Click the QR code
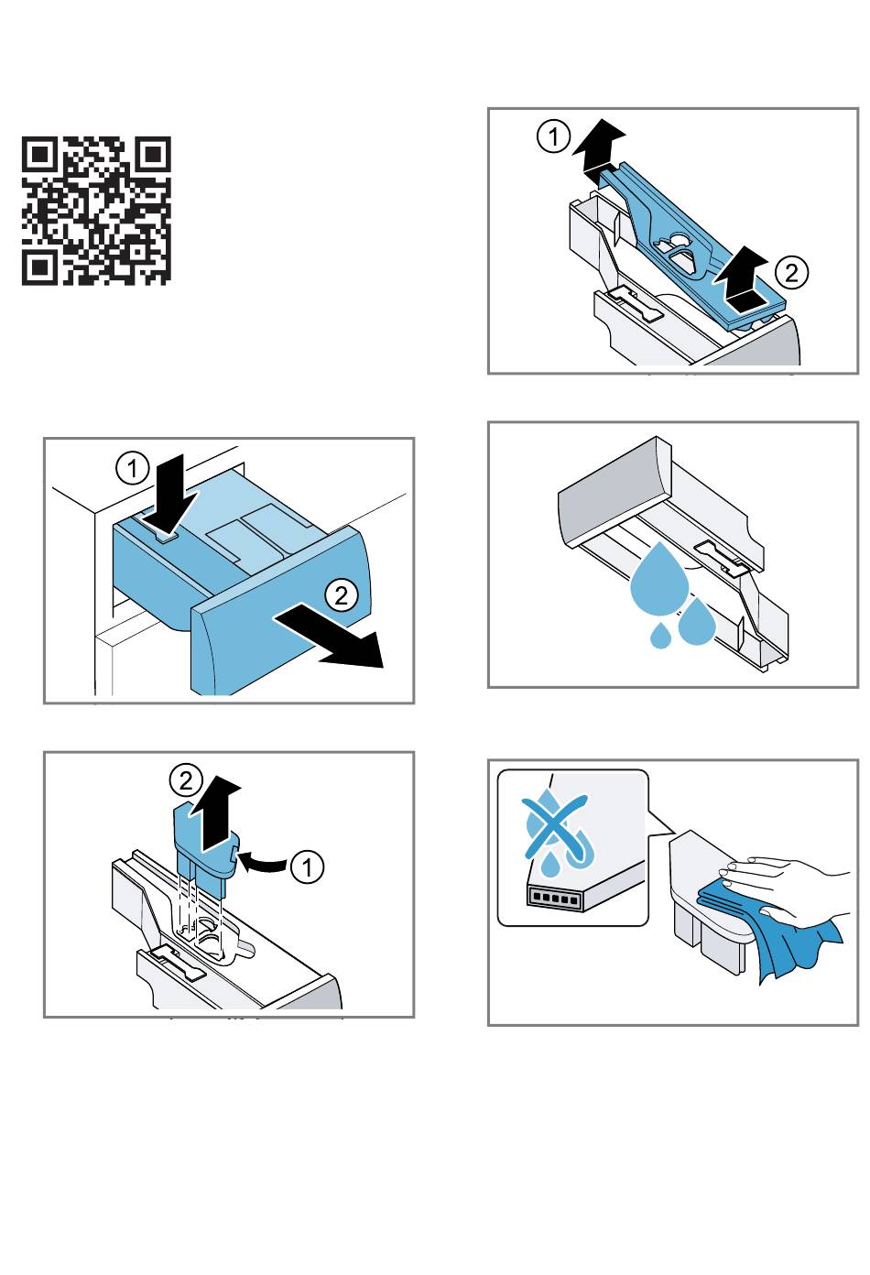[96, 211]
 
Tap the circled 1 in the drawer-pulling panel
[133, 470]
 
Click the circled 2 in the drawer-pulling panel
[341, 595]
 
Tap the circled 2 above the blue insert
[187, 780]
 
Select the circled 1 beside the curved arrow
[308, 866]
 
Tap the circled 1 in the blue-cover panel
[553, 137]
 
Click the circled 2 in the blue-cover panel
[791, 272]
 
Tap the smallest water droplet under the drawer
[660, 635]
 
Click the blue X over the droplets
[555, 828]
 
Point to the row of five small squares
[554, 899]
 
